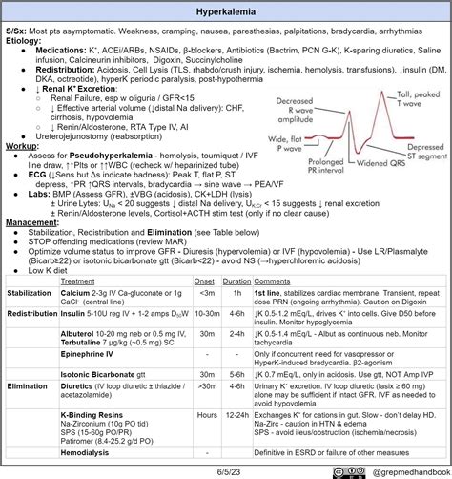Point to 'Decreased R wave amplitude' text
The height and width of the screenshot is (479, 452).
[302, 109]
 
